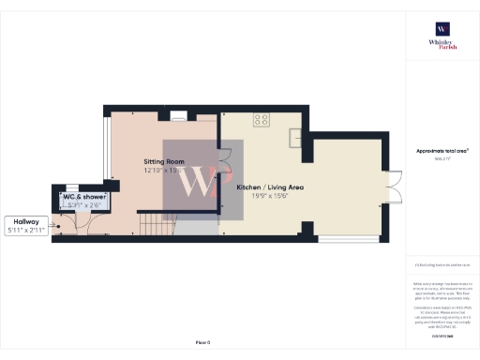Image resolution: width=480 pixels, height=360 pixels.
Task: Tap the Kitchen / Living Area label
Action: [270, 187]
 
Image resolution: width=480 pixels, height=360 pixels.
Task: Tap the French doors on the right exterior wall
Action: [396, 187]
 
